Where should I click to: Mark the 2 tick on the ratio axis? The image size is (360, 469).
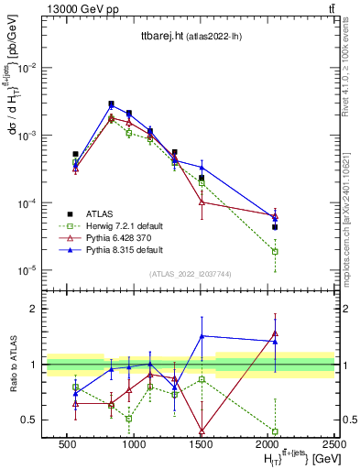tap(35, 309)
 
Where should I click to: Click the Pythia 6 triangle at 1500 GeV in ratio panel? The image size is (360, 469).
tap(202, 430)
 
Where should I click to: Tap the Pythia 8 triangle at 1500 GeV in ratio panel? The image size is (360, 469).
tap(202, 336)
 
